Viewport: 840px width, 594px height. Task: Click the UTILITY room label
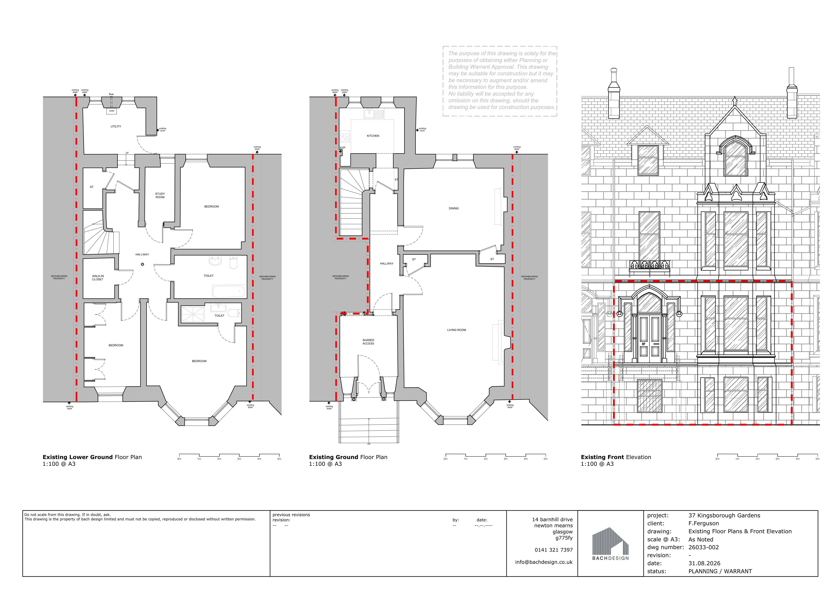point(116,126)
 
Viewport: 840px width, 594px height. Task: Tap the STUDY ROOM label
point(160,195)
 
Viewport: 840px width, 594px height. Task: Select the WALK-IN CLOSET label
point(98,278)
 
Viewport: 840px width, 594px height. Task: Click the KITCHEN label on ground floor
point(373,136)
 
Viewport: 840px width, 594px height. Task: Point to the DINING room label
point(454,208)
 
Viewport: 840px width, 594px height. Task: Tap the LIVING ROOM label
point(457,330)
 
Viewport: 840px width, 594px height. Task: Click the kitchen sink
point(373,114)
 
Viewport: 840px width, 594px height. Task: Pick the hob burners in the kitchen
point(345,137)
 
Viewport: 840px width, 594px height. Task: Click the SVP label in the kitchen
point(342,148)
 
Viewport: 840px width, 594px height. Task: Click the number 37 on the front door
point(644,344)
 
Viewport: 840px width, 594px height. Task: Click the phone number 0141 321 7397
point(554,550)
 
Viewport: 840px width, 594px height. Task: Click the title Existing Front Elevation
point(616,457)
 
